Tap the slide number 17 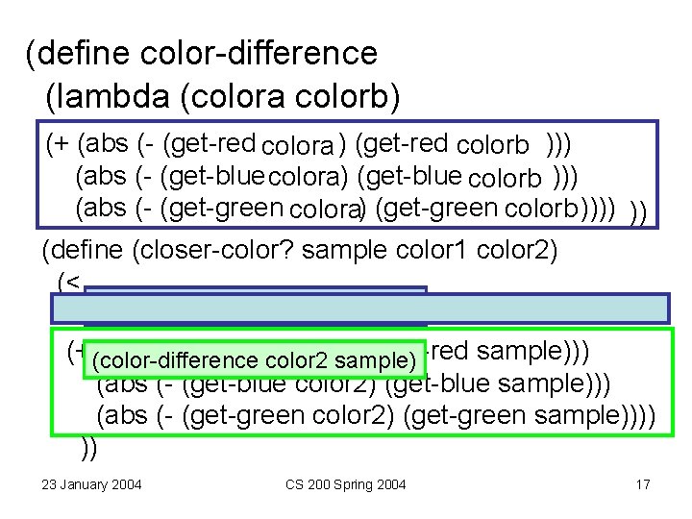click(643, 484)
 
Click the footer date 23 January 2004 click(91, 484)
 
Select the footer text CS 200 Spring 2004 click(346, 484)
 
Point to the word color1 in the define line click(441, 252)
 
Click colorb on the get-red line click(492, 146)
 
